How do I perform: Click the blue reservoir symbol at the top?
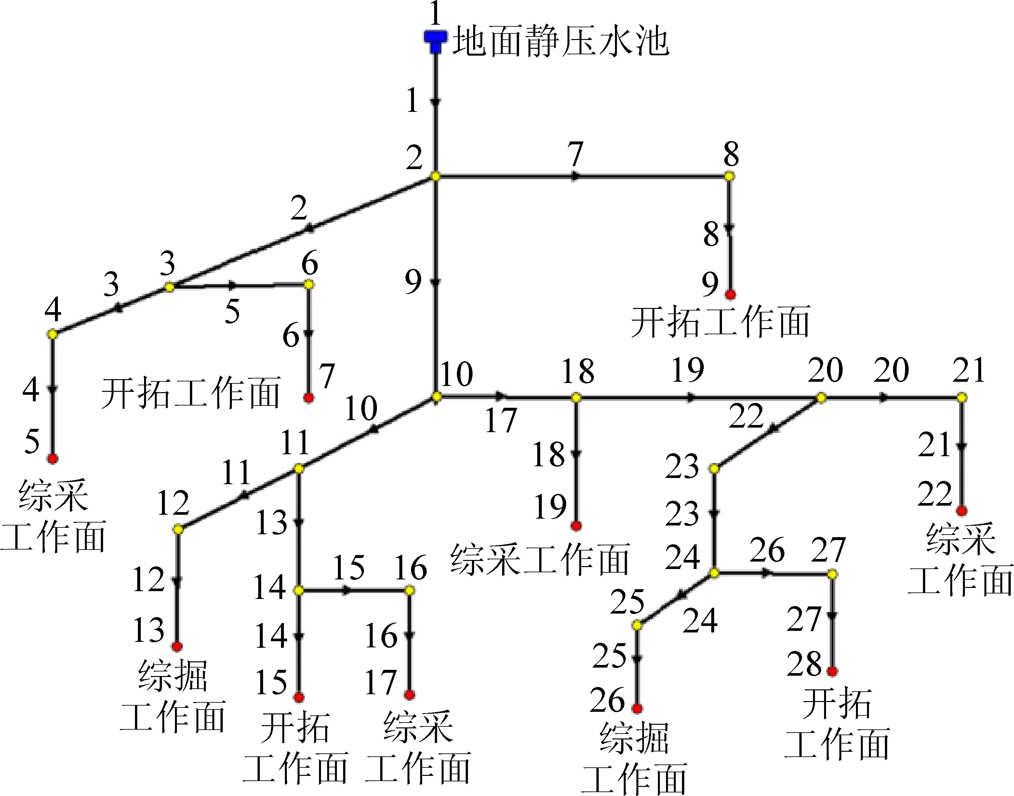coord(435,41)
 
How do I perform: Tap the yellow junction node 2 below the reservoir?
coord(435,176)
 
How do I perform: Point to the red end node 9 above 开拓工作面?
coord(730,295)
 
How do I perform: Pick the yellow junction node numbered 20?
coord(821,398)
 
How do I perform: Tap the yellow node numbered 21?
coord(962,398)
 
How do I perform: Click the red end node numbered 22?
coord(962,511)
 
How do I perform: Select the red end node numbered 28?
coord(832,671)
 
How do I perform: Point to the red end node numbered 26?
coord(637,709)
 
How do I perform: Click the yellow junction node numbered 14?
coord(299,590)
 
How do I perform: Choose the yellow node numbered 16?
coord(409,590)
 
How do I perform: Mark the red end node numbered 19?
coord(577,526)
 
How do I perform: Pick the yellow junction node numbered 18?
coord(577,398)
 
